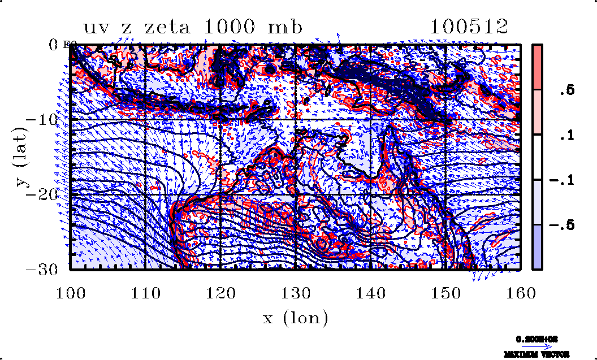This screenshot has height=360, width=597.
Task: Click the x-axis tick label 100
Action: click(x=70, y=293)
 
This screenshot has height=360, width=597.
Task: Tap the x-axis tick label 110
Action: click(x=145, y=293)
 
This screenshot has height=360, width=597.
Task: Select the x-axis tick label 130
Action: click(x=296, y=293)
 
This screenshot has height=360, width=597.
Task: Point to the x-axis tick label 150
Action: click(x=445, y=293)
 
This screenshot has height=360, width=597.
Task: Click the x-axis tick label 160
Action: click(x=520, y=293)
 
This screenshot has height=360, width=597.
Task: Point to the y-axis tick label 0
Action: click(x=55, y=45)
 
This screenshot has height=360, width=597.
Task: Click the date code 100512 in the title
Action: click(x=469, y=27)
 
